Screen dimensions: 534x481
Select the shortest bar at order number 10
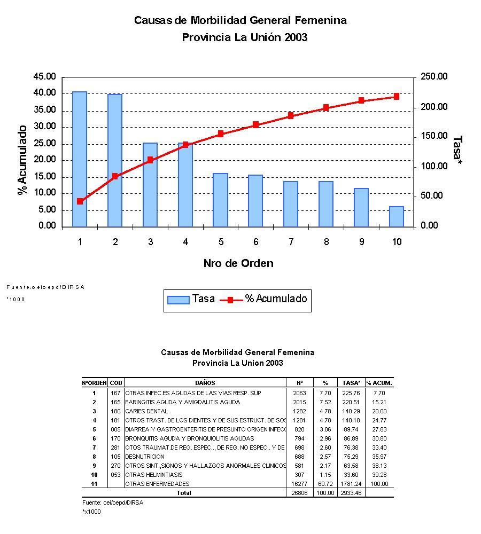click(x=397, y=216)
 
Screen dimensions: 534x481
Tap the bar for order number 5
click(x=220, y=200)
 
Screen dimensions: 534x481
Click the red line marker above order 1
click(x=80, y=201)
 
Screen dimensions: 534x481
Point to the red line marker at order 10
click(x=397, y=97)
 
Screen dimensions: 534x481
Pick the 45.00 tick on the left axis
click(x=44, y=77)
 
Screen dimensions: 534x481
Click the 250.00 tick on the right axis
click(x=434, y=77)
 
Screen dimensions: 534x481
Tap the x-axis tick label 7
click(x=291, y=242)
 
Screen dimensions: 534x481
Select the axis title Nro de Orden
click(x=238, y=263)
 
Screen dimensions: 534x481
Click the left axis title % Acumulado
click(x=22, y=160)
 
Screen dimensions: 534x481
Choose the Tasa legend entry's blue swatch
click(x=178, y=300)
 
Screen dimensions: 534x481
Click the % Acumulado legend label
click(x=276, y=299)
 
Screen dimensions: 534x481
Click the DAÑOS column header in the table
click(x=206, y=383)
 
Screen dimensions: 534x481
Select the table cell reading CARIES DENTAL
click(x=146, y=411)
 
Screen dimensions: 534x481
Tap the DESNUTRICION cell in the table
click(x=145, y=457)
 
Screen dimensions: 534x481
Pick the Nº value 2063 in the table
click(x=299, y=393)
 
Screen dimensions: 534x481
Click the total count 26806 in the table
click(x=298, y=493)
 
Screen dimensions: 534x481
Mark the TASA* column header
click(x=351, y=383)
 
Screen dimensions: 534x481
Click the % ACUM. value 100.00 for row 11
click(x=380, y=484)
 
